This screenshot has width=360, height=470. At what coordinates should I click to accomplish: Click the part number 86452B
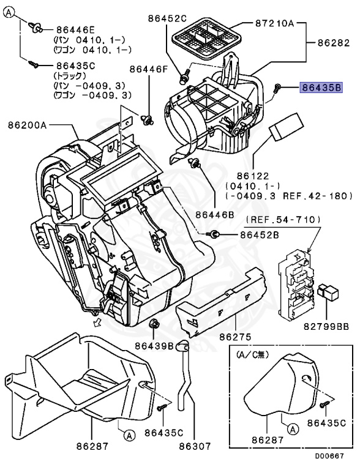259,234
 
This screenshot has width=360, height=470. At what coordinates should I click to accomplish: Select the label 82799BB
329,326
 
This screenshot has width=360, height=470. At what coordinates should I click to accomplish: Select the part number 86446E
76,28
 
